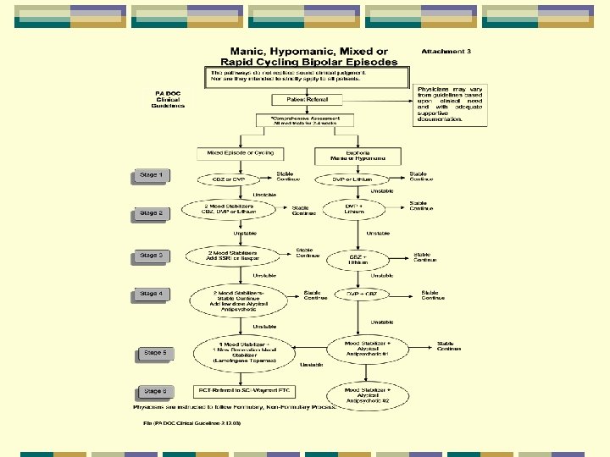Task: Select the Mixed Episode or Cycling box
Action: [x=233, y=153]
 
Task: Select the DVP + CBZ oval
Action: [x=361, y=295]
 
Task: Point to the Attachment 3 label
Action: [x=446, y=52]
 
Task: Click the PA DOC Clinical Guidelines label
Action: [x=168, y=100]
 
